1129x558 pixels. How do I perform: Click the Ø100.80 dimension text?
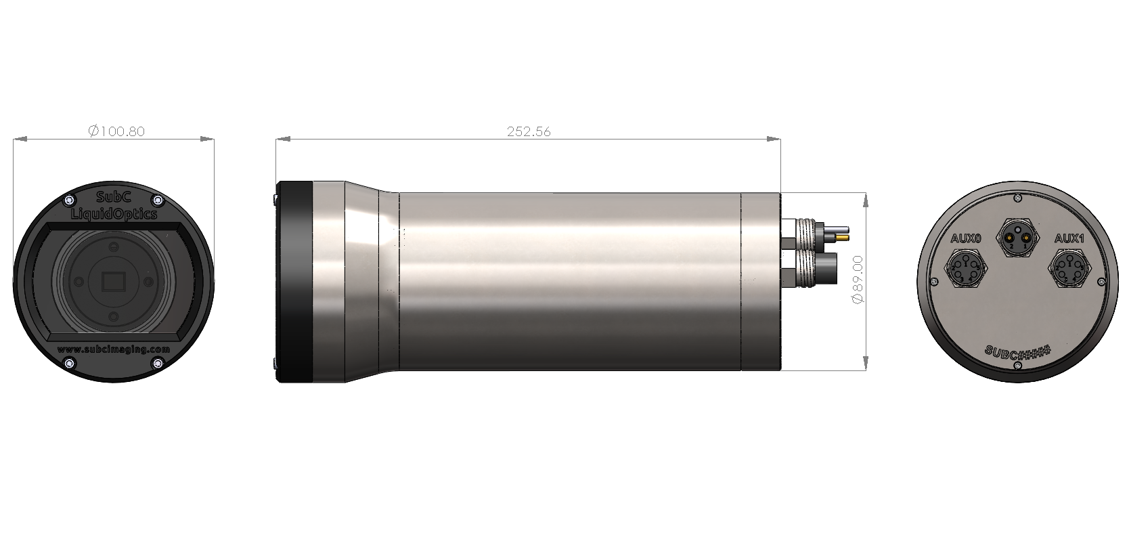tap(116, 131)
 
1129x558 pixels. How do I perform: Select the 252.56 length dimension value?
tap(529, 132)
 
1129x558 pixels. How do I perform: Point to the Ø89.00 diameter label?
tap(858, 279)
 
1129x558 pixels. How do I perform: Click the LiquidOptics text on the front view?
tap(114, 214)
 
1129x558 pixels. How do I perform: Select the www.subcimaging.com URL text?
tap(114, 349)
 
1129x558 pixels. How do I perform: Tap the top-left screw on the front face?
tap(70, 200)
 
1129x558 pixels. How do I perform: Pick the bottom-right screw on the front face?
tap(158, 364)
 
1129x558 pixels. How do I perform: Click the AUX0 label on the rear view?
tap(965, 238)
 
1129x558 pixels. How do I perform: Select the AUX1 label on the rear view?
tap(1069, 238)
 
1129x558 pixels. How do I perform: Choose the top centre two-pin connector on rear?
tap(1017, 236)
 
